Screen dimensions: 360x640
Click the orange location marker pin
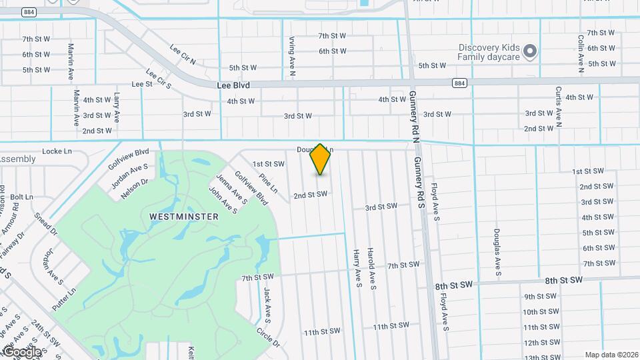[321, 159]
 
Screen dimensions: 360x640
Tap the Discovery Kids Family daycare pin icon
[530, 51]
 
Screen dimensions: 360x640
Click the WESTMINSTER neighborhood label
[184, 217]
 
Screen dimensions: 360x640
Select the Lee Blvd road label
[233, 85]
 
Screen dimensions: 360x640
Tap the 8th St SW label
[454, 285]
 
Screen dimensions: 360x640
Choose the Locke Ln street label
[57, 151]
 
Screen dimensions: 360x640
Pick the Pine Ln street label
[268, 184]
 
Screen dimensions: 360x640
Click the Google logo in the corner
[21, 351]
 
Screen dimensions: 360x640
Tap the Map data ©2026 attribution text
[610, 355]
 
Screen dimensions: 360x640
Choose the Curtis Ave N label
[559, 106]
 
